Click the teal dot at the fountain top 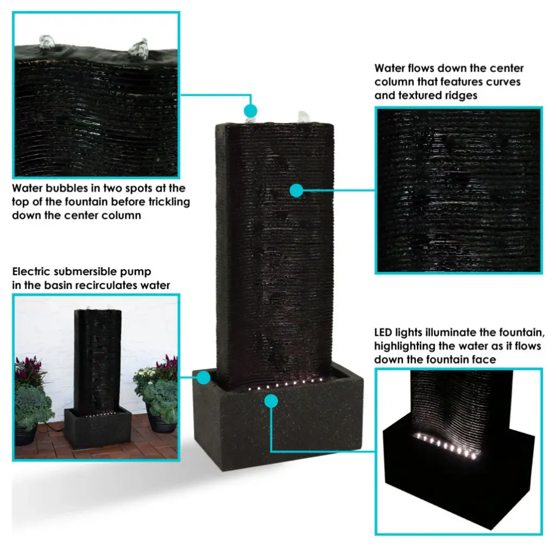(x=250, y=111)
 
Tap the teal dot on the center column (x=296, y=191)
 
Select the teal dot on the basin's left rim (x=204, y=378)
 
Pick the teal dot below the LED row (x=271, y=401)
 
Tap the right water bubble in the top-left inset (x=138, y=49)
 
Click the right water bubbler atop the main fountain (x=304, y=117)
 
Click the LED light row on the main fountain (x=286, y=384)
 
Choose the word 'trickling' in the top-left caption (x=169, y=202)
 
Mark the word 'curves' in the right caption (x=503, y=82)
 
